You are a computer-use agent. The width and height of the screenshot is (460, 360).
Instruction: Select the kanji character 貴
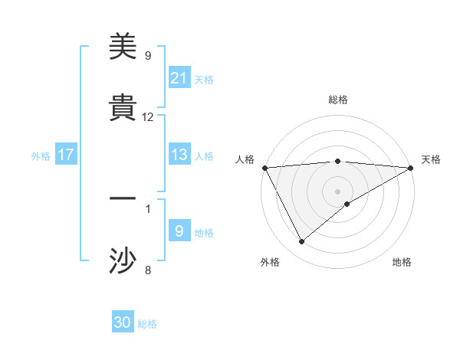[123, 108]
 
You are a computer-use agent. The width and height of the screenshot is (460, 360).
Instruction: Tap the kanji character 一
[123, 199]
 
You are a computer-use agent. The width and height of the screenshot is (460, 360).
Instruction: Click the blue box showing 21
[179, 78]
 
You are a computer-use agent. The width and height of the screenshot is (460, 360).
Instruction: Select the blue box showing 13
[179, 155]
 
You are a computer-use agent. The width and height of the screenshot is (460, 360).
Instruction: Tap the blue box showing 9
[179, 231]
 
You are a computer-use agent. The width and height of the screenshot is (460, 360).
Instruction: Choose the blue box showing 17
[66, 155]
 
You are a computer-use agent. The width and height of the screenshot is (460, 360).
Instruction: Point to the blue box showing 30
[123, 323]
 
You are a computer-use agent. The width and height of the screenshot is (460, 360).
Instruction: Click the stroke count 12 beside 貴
[148, 117]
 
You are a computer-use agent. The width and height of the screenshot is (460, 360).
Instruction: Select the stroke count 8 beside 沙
[148, 270]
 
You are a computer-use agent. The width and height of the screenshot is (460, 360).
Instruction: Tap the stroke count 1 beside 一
[148, 208]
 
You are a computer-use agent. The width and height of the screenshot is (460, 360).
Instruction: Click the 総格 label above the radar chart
[337, 100]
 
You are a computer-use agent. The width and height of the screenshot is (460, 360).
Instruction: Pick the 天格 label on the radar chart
[431, 159]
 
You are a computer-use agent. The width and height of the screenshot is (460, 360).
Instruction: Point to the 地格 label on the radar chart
[402, 263]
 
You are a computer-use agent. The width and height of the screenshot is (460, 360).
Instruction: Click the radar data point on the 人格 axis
[264, 168]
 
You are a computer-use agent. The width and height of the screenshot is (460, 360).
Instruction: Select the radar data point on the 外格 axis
[301, 242]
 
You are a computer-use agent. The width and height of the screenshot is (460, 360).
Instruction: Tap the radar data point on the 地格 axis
[347, 204]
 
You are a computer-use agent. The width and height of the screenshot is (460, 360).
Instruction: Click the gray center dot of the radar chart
[337, 191]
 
